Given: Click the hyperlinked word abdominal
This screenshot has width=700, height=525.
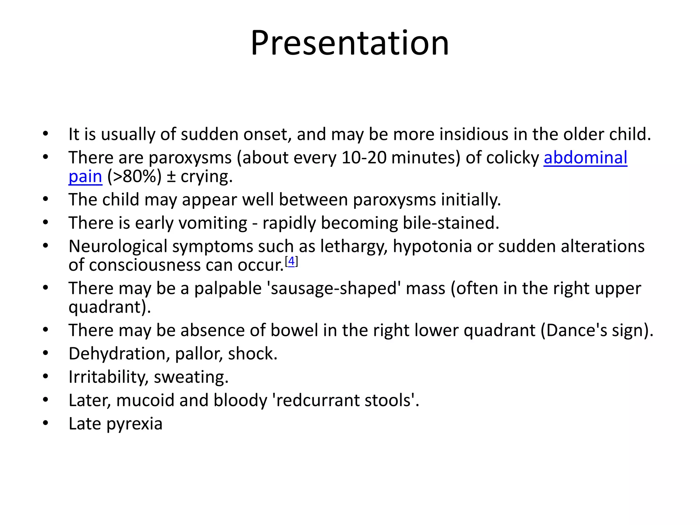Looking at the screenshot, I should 585,158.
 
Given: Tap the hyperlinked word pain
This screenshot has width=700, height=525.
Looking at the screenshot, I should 85,177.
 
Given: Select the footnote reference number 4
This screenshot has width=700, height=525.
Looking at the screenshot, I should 291,261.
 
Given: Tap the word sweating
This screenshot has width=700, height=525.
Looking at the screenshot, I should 191,377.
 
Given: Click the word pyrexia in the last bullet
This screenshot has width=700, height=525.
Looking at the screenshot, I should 134,424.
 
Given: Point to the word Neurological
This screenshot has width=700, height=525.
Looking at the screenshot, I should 118,246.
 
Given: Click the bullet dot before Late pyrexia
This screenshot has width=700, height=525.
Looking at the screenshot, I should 45,423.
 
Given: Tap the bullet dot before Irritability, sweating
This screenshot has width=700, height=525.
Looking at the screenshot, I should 45,377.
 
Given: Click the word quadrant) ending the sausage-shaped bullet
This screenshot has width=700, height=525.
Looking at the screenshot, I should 109,307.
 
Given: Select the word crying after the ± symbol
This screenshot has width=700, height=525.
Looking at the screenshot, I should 206,177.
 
